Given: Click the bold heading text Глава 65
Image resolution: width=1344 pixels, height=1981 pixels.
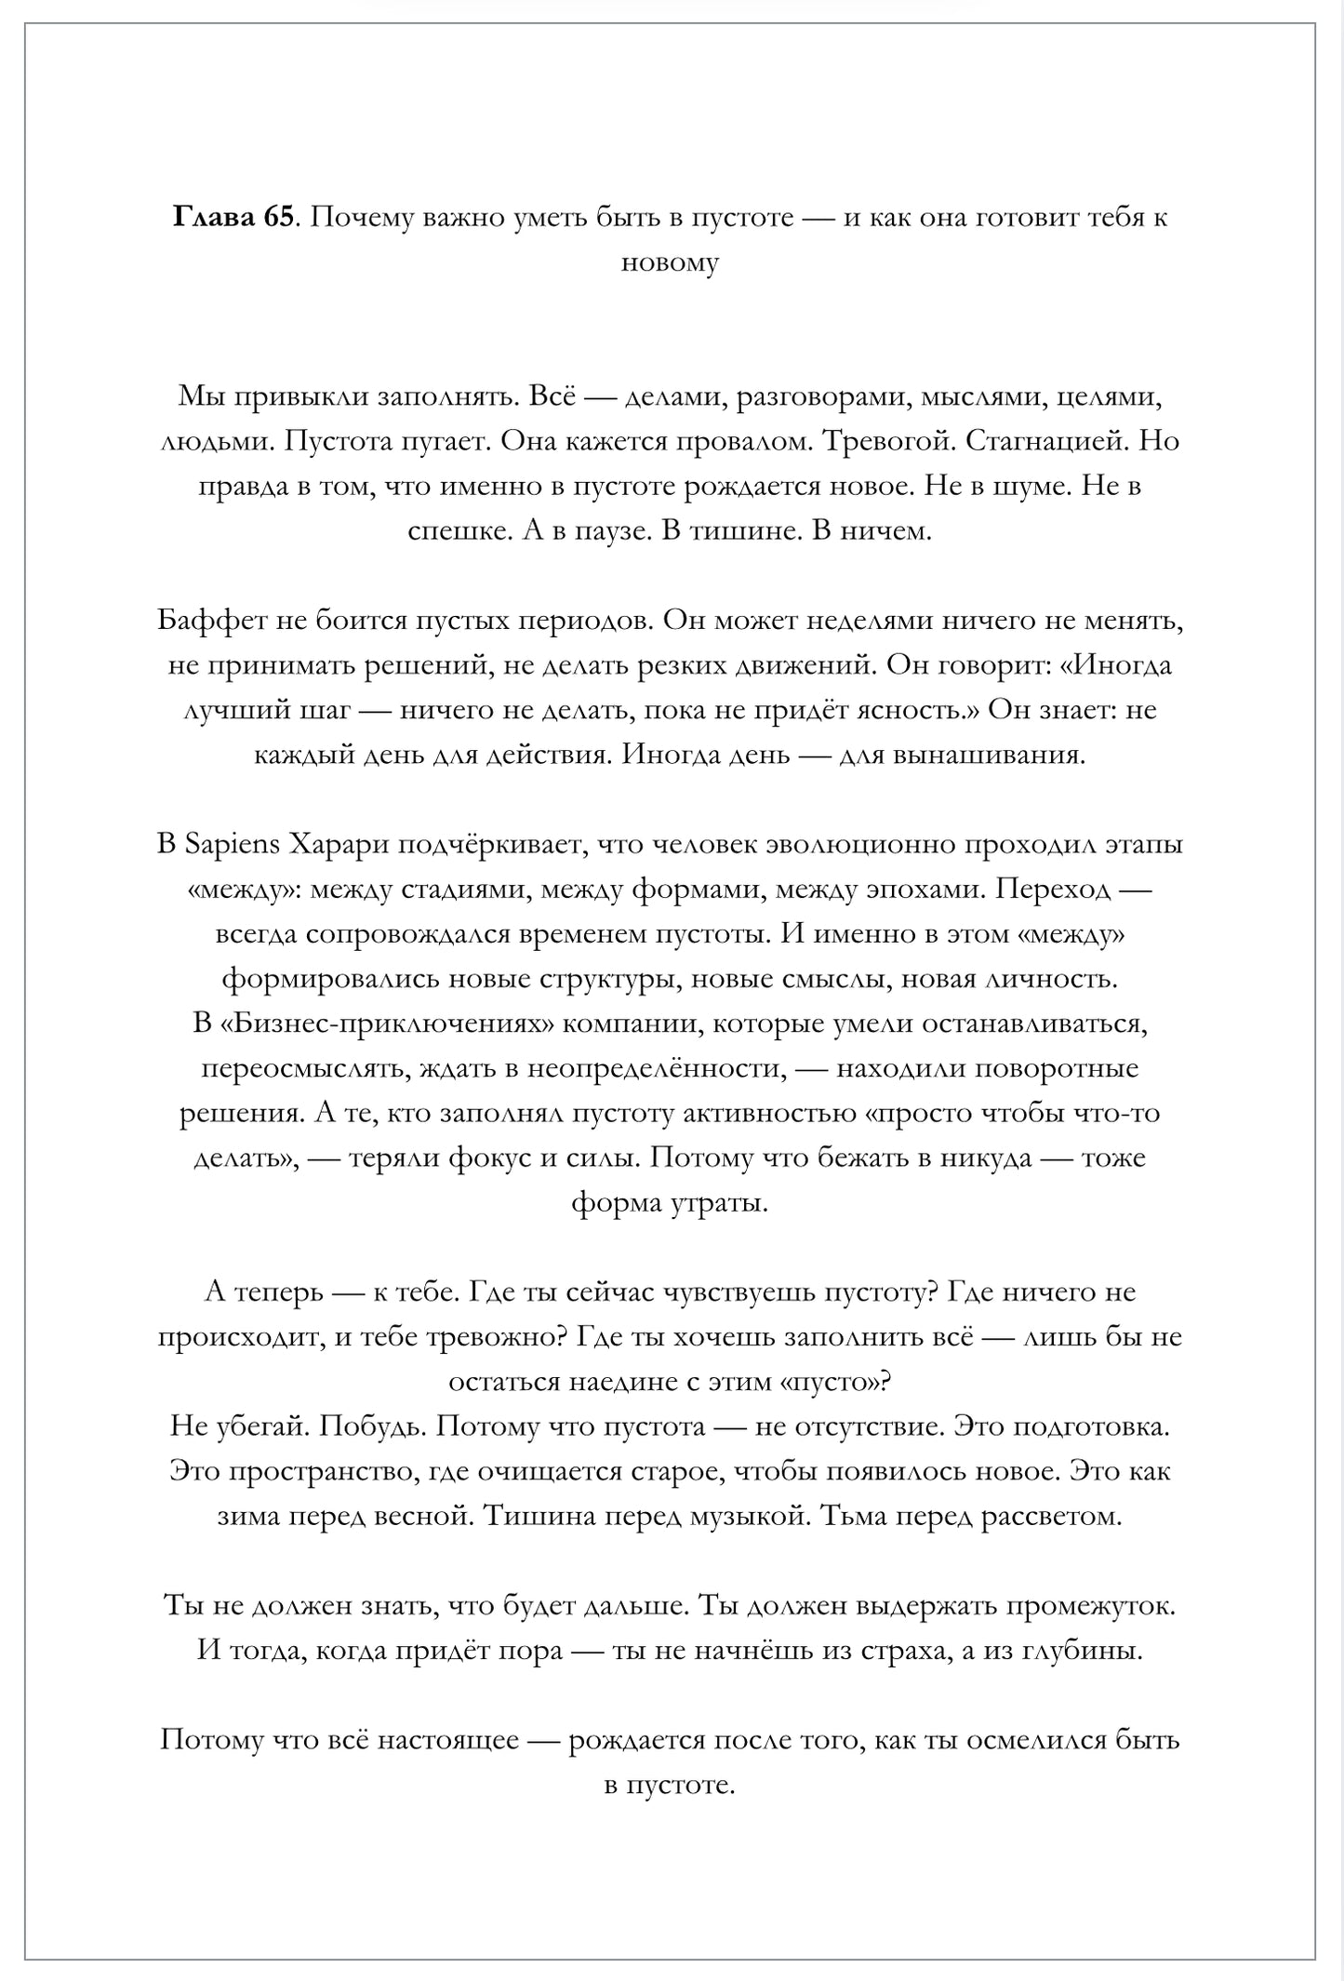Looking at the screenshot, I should click(233, 218).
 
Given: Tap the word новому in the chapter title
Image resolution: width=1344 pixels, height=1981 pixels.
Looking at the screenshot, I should click(670, 263).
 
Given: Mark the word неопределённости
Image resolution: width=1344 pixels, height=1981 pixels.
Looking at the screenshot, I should click(654, 1068).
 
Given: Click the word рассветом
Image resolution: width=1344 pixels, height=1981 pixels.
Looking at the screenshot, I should click(1054, 1517).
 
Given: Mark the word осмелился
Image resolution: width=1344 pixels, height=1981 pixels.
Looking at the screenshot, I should click(1036, 1741).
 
